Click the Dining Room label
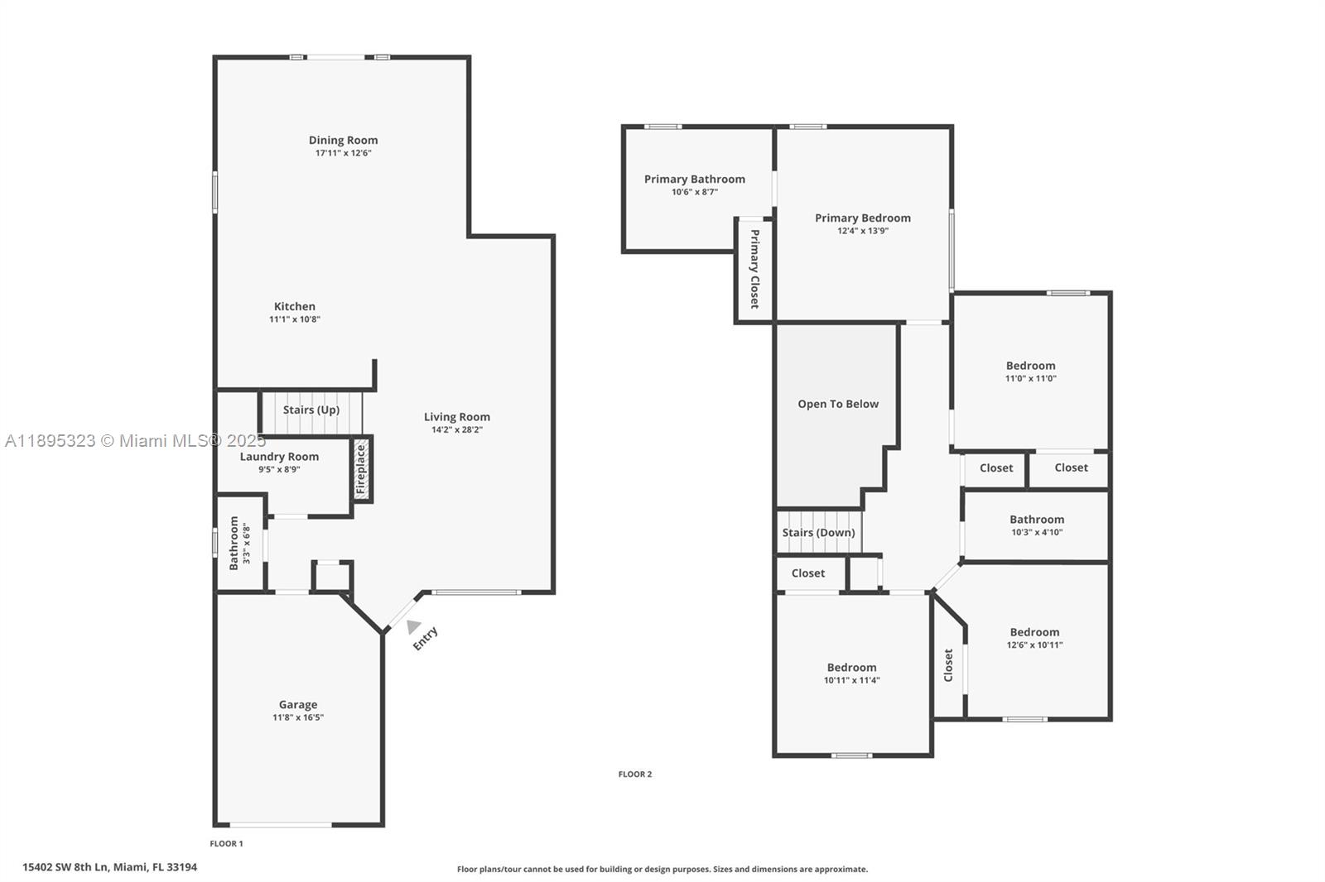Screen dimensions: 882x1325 pos(343,141)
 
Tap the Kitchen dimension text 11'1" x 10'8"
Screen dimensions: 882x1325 pos(294,319)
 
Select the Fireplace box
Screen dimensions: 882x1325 pos(361,470)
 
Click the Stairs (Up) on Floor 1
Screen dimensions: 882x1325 pos(311,410)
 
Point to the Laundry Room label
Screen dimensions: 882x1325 pos(279,457)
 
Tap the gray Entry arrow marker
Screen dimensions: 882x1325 pos(413,627)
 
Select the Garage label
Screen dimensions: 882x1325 pos(297,705)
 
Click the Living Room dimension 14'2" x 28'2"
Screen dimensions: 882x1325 pos(457,430)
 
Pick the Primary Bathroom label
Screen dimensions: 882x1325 pos(694,180)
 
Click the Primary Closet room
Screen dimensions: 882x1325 pos(754,270)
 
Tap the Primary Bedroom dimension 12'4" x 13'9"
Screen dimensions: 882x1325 pos(863,232)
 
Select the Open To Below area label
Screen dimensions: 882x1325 pos(838,405)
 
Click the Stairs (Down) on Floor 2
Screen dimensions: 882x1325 pos(818,533)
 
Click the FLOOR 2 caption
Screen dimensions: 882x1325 pos(635,774)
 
